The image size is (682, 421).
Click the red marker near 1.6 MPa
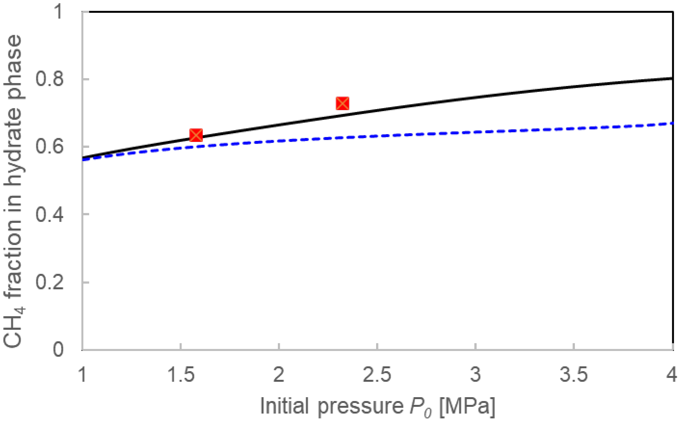pos(196,135)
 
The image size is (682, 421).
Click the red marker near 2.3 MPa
pos(342,103)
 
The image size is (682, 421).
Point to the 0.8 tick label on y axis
pos(49,79)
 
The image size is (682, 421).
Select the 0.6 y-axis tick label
pos(49,147)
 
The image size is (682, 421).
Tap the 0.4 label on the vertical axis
pos(49,214)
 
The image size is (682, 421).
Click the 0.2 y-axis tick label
pos(49,282)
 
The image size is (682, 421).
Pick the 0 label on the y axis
pos(58,350)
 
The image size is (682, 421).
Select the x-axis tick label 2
pos(279,375)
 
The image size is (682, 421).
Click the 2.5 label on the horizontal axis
pos(377,375)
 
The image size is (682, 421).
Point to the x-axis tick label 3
pos(476,375)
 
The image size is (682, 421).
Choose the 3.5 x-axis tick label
pos(574,375)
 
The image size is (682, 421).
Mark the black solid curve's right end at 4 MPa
pos(672,78)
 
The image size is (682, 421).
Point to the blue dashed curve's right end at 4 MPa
pos(672,123)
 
